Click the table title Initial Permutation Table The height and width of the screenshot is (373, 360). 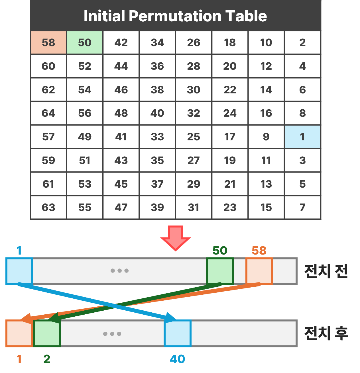pos(175,16)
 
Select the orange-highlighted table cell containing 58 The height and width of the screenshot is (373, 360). pos(48,42)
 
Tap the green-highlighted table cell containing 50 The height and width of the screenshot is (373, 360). pos(85,42)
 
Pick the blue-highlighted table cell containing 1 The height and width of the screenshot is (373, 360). pos(302,137)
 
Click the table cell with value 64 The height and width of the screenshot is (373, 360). pos(48,113)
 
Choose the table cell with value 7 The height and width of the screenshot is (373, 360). pos(302,207)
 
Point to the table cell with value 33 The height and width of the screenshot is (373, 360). pos(157,137)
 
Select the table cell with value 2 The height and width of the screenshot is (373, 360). pos(302,42)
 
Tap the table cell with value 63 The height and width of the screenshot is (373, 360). pos(48,207)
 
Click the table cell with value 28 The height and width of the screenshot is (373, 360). pos(194,66)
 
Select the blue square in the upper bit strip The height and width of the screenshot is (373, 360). pos(19,271)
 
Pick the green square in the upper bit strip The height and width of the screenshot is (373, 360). pos(220,271)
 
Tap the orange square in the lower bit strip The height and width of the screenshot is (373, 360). pos(19,334)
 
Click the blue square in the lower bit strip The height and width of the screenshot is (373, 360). pos(178,334)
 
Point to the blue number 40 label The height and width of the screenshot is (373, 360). pos(177,359)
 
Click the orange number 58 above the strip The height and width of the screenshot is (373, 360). pos(259,251)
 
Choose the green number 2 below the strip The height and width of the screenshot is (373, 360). pos(47,359)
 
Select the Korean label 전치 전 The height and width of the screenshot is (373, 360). pos(326,271)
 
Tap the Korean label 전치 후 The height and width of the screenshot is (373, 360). pos(326,333)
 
